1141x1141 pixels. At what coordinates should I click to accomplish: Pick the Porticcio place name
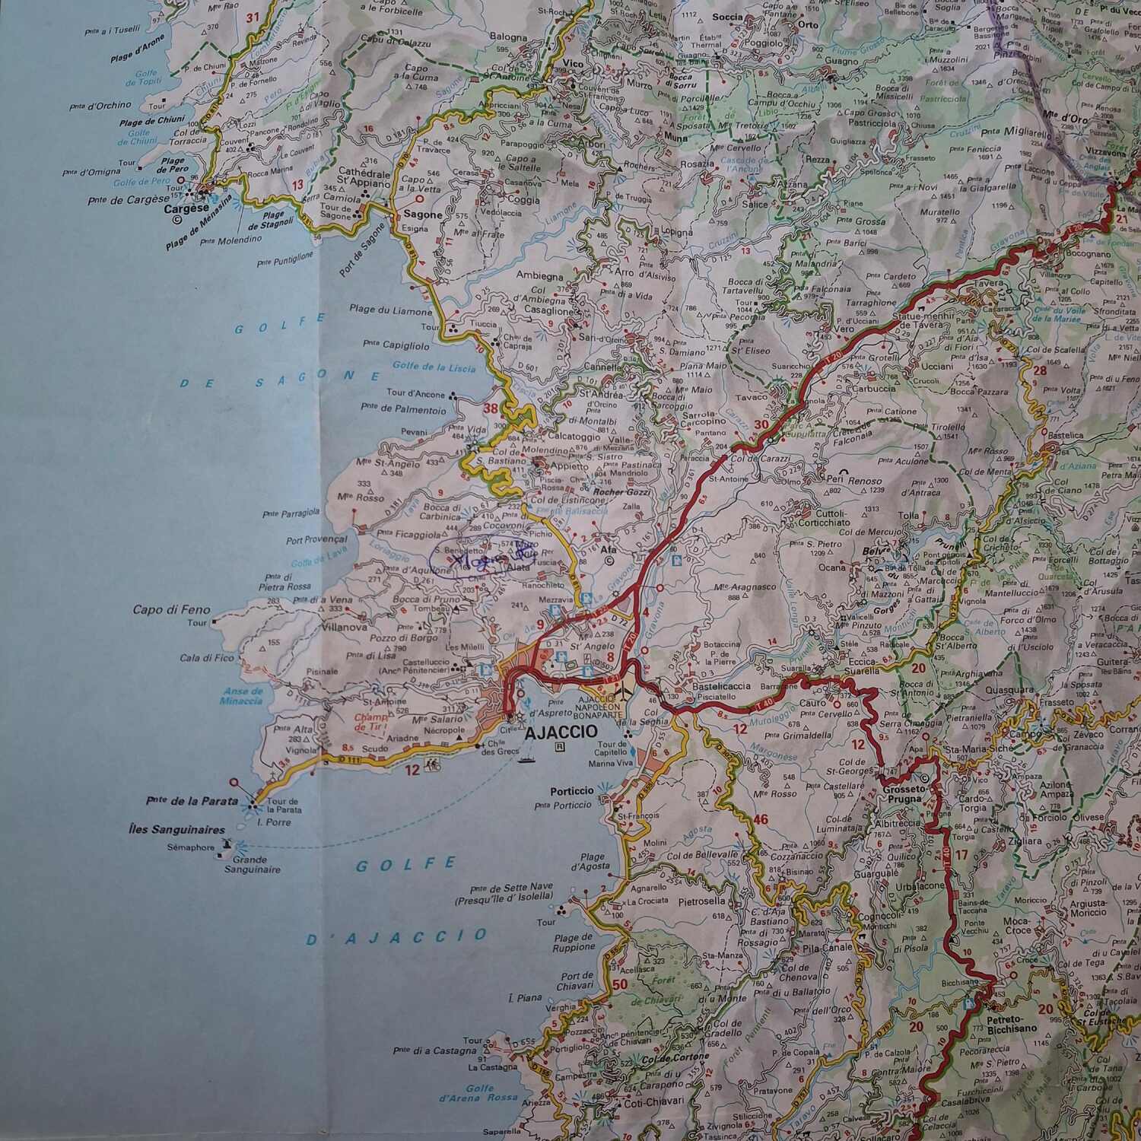point(573,790)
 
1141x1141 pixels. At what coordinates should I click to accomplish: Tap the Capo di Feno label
point(171,610)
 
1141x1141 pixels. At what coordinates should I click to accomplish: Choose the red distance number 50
point(618,985)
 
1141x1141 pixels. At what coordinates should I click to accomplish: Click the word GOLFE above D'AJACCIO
point(406,865)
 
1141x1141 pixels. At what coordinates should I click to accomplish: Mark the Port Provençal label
point(316,541)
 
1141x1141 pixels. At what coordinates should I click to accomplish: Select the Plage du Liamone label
point(390,310)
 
